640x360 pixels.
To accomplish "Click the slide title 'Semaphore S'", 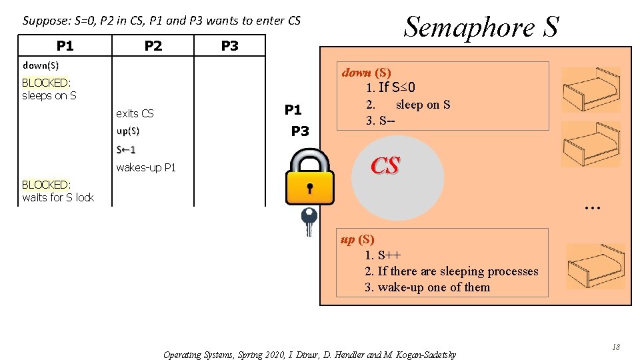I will click(481, 27).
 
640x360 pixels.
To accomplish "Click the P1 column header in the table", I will click(65, 45).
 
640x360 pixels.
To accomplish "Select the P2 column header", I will click(153, 45).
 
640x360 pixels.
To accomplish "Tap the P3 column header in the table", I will click(229, 45).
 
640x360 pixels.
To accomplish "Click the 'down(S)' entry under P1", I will click(41, 65).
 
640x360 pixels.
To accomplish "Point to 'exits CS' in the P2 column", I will click(135, 113).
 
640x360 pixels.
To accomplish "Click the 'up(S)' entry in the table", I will click(128, 131).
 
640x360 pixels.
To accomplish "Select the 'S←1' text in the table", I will click(126, 149).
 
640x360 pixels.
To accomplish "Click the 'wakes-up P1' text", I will click(146, 167).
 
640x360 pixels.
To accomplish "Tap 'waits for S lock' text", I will click(58, 197).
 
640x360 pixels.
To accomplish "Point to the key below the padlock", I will click(309, 221).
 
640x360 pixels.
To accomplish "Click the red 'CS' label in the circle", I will click(385, 166).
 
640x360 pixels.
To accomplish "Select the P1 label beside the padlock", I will click(293, 110).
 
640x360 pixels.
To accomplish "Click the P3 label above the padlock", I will click(300, 131).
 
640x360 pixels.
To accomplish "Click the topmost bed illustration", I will click(591, 90).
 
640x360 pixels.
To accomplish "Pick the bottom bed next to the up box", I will click(595, 267).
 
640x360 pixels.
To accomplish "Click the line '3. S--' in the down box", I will click(385, 121).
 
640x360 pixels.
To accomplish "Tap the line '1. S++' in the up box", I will click(383, 255).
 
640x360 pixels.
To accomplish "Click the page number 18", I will click(615, 347).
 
